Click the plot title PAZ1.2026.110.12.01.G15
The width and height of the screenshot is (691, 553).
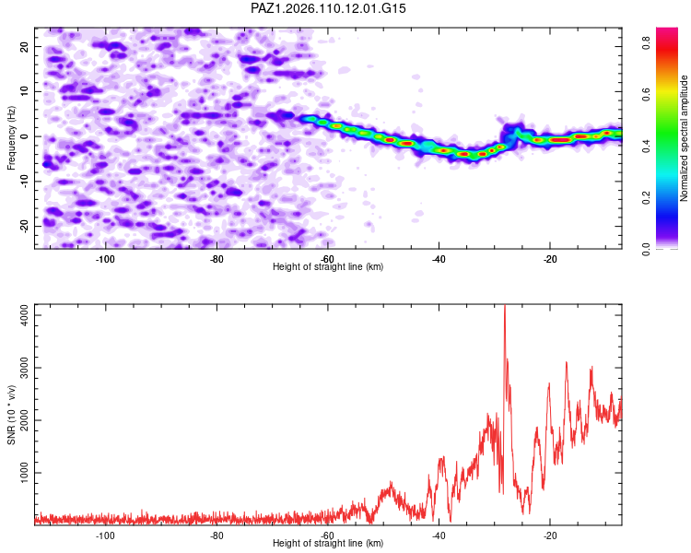click(x=328, y=8)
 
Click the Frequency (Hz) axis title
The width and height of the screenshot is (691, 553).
click(x=11, y=138)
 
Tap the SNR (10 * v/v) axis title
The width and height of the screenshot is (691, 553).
click(x=11, y=415)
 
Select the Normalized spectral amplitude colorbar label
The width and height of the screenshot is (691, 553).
click(x=684, y=138)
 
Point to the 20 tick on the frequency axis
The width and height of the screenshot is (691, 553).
click(x=25, y=46)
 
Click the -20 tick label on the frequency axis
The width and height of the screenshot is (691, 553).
click(x=25, y=226)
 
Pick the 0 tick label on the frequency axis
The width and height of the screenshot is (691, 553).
click(x=25, y=136)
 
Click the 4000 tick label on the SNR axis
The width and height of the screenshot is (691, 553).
click(x=25, y=315)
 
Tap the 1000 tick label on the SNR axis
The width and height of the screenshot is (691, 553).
click(x=25, y=473)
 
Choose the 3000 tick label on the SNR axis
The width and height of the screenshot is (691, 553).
click(x=25, y=368)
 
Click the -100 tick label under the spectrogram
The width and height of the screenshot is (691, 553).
click(x=105, y=259)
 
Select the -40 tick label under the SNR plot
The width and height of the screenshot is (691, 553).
click(x=439, y=535)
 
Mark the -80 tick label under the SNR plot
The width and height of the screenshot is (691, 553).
click(x=216, y=535)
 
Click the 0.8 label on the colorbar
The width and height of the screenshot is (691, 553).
click(x=646, y=42)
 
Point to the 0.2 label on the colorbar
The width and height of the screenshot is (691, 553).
click(x=646, y=198)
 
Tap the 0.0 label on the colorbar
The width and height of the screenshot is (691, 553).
click(x=646, y=249)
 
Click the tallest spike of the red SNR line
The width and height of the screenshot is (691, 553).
click(x=505, y=306)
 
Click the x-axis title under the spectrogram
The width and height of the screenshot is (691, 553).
click(x=328, y=266)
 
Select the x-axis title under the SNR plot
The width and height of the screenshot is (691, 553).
click(x=328, y=543)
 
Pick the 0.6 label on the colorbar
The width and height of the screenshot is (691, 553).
click(x=646, y=94)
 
